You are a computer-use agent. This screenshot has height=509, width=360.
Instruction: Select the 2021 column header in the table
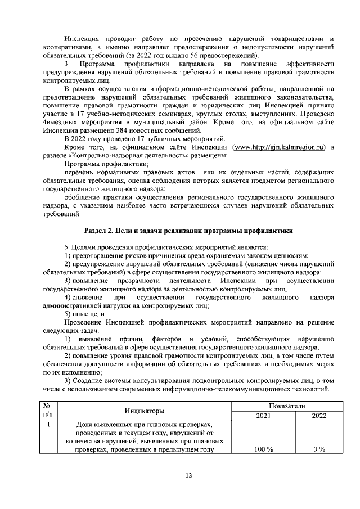(x=264, y=416)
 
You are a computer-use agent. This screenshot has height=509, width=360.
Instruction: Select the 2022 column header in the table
(x=319, y=416)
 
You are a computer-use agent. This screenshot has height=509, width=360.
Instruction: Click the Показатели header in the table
(x=291, y=405)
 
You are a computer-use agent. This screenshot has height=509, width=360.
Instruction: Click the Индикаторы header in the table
(x=144, y=411)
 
